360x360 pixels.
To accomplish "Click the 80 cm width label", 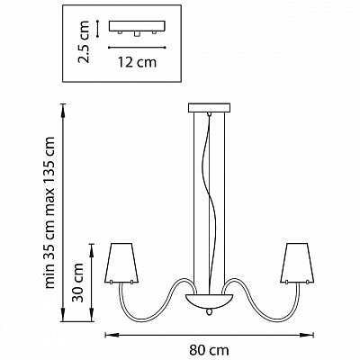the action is coord(209,350).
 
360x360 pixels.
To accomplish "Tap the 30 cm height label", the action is coord(78,283).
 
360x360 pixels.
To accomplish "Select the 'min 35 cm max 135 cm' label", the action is coord(49,212).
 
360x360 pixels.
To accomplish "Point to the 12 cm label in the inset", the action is coord(137,62).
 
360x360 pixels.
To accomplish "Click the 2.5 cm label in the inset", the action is coord(84,41).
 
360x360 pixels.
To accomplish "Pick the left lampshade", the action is coord(121,263).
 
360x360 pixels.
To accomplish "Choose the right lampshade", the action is coord(298,263).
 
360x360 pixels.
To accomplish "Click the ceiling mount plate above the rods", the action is coord(209,108).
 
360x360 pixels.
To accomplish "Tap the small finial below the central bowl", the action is coord(209,312).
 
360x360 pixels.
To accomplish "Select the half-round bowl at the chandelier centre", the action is coord(209,301).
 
